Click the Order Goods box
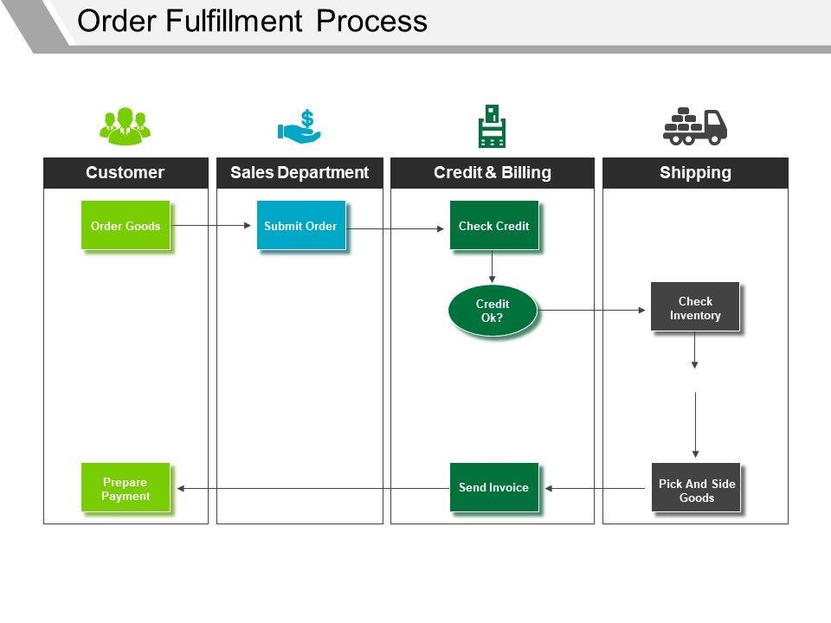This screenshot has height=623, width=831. (126, 226)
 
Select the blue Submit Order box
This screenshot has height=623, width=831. (300, 226)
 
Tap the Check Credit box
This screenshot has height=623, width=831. (493, 226)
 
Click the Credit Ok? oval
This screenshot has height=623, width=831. (493, 311)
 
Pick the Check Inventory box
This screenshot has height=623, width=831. (695, 307)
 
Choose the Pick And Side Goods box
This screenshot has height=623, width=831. (696, 490)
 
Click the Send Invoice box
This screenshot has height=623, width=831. (493, 487)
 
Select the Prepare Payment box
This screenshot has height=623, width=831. (126, 489)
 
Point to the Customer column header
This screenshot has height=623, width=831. (126, 173)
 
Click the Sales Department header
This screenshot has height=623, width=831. (300, 173)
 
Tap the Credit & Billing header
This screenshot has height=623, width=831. (493, 173)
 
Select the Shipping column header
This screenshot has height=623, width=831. (695, 173)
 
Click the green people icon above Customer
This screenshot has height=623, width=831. (125, 125)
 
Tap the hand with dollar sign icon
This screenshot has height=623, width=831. (300, 126)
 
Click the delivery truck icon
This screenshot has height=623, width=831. (695, 126)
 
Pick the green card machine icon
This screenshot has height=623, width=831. (492, 126)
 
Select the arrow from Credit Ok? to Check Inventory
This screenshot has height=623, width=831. (593, 310)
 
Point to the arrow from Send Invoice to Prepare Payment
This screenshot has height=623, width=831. (312, 489)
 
